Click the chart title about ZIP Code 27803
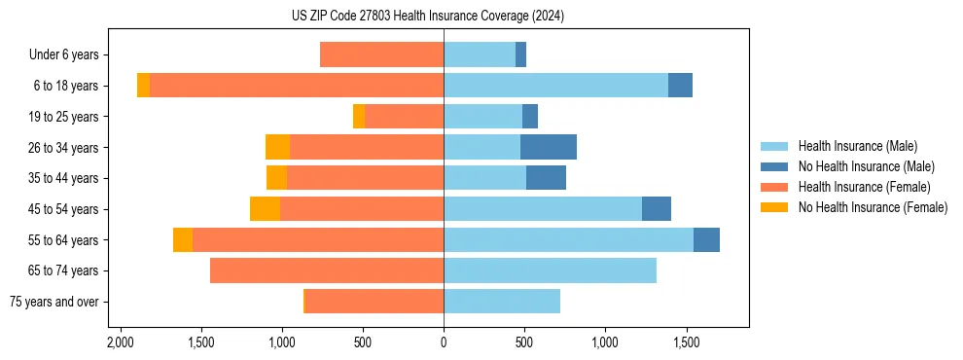(x=427, y=17)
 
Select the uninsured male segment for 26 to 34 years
(x=549, y=147)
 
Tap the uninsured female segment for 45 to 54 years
(x=265, y=208)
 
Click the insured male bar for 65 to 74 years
(x=550, y=270)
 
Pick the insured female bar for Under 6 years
(x=381, y=54)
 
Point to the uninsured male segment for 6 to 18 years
(x=680, y=86)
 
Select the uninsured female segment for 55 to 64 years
(x=183, y=239)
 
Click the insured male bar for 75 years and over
(x=502, y=302)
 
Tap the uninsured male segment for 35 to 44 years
(x=546, y=178)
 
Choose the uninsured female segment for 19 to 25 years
(x=359, y=116)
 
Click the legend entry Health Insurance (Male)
(x=857, y=146)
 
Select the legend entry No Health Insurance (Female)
(x=873, y=207)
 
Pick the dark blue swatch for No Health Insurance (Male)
(x=774, y=166)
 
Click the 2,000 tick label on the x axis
(x=121, y=342)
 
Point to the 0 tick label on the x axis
(x=444, y=342)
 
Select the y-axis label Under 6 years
(x=63, y=54)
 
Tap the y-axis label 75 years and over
(x=53, y=302)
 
